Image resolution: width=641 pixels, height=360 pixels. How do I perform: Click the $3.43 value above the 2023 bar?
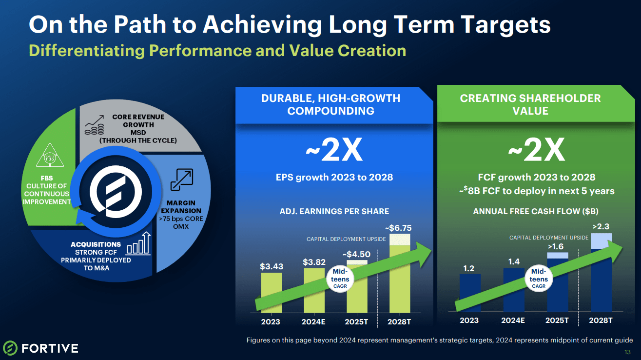coord(271,266)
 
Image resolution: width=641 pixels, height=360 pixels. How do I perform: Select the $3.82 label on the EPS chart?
coord(314,262)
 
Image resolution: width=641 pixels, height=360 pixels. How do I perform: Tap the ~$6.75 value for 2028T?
coord(398,228)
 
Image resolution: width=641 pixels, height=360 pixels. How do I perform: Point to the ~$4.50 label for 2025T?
coord(356,254)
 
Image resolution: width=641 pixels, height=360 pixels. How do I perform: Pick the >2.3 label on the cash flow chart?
coord(601,226)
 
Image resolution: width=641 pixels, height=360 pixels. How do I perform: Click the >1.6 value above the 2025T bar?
coord(556,246)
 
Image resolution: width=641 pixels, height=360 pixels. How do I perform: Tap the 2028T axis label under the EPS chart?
coord(399,322)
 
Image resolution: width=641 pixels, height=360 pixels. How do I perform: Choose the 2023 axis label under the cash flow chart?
coord(469,320)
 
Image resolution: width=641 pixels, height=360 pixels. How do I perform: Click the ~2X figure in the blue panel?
coord(334,152)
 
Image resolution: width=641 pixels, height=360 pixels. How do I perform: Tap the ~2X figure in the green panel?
coord(536,152)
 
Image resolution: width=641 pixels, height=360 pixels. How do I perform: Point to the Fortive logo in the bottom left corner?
coord(40,348)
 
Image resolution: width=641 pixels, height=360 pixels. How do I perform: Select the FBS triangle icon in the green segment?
coord(49,156)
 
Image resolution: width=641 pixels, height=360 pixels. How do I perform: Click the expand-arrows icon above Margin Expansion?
coord(181,180)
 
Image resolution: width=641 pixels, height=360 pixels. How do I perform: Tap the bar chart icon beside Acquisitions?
coord(139,244)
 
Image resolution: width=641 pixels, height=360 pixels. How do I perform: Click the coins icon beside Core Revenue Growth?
coord(94,125)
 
